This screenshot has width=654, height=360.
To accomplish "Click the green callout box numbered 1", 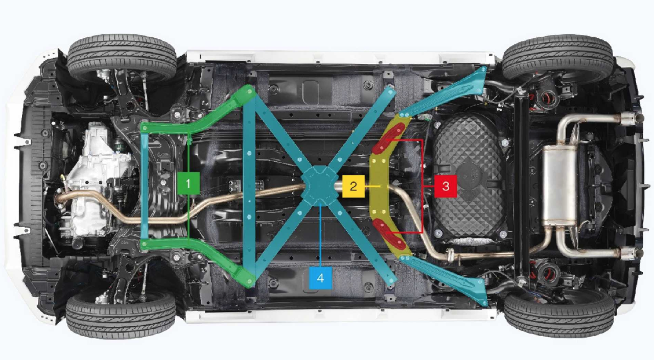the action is coord(189,183).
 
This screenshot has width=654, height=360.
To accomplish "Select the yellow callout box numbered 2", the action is coord(353,186).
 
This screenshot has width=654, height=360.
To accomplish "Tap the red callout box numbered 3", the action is coord(446,186).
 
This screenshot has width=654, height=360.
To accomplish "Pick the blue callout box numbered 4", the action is coord(320,278).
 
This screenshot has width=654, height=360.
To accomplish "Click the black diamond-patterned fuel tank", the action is coord(470,178).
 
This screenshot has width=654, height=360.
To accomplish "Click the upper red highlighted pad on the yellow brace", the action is coord(389,138).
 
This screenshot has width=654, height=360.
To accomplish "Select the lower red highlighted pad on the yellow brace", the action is coord(389,233).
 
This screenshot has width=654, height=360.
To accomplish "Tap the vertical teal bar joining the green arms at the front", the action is coord(145,186).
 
